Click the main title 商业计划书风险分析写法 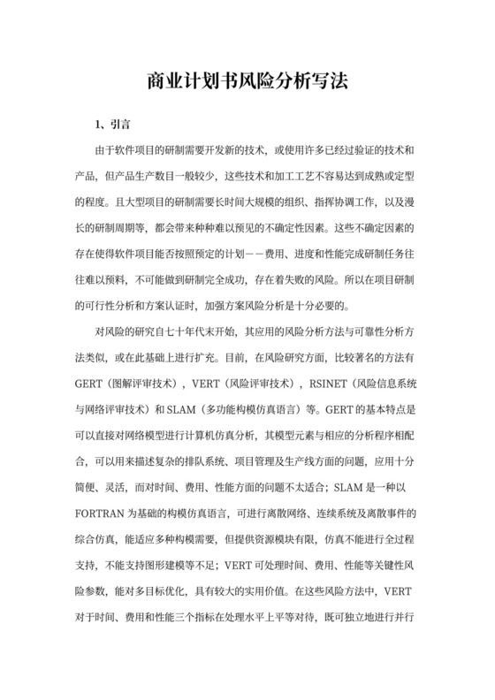click(x=247, y=82)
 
